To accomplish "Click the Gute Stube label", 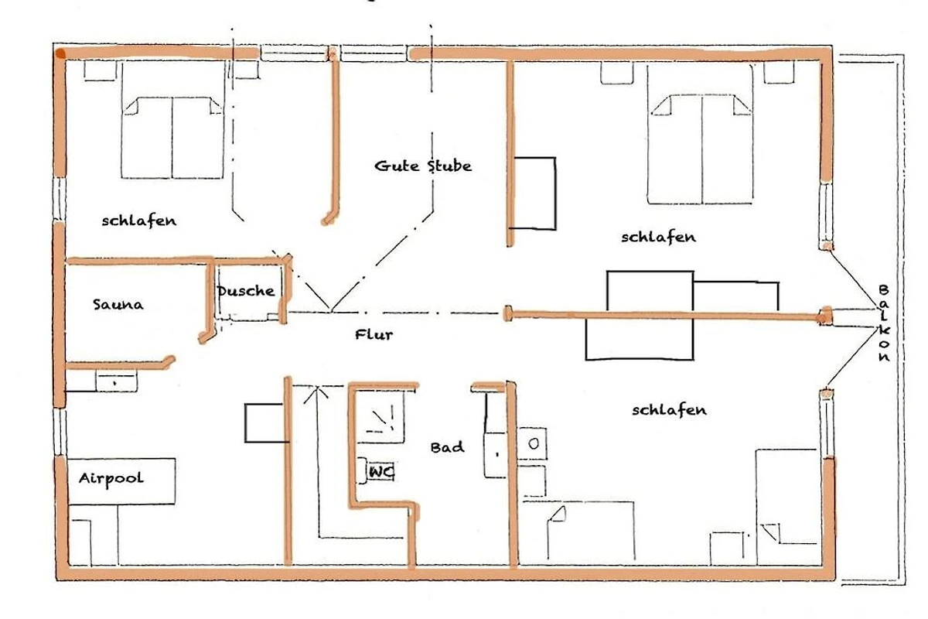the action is pos(423,166).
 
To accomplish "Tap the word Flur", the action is pos(374,334).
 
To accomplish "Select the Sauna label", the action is pos(118,305).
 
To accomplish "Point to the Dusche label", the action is pos(246,291).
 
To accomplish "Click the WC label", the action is pos(381,471).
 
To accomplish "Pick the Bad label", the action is pos(448,447).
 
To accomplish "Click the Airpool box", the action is pos(121,481).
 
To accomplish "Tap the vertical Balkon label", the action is pos(884,323).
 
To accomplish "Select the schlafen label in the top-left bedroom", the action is pos(139,221).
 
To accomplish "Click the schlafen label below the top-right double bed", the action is pos(658,237).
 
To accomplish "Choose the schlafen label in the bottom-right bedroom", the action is pos(669,410).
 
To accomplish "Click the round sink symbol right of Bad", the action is pos(534,444).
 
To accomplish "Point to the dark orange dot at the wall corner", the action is pos(60,53).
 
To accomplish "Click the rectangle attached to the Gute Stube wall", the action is pos(535,193).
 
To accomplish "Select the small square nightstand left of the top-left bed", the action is pos(100,70).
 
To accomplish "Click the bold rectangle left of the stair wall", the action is pos(265,423).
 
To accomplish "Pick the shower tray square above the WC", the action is pos(380,417).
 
